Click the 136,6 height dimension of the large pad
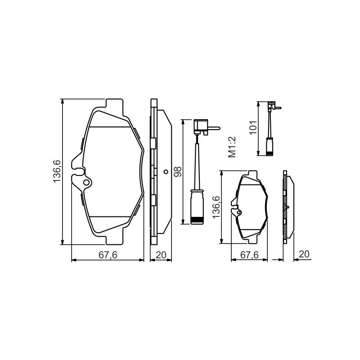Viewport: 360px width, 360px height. pos(57,171)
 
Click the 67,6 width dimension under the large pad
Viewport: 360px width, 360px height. pos(108,255)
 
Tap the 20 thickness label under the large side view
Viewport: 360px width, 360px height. pos(161,255)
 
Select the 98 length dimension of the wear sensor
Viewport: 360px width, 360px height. pos(178,171)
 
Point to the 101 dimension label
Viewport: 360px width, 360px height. pos(253,128)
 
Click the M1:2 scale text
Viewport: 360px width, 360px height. pos(232,147)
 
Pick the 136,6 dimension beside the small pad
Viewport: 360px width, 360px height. pos(216,207)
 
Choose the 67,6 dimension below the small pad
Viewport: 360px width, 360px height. pos(249,255)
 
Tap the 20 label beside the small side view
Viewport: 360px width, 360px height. pos(304,254)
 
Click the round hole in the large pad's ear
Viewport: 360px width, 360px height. pos(86,183)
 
